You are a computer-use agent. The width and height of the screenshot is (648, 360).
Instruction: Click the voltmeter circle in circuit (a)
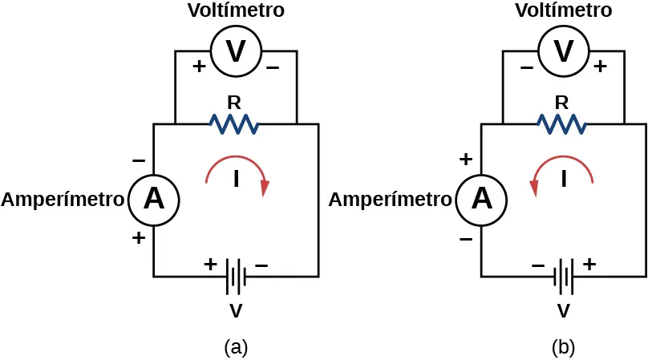point(236,51)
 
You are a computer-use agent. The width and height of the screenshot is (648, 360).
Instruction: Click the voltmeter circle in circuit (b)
point(564,51)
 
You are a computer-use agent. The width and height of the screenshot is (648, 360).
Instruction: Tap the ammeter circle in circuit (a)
point(154,199)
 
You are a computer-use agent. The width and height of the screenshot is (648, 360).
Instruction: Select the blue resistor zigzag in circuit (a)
point(233,123)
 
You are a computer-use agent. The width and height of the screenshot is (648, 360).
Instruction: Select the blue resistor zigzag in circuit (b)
point(561,123)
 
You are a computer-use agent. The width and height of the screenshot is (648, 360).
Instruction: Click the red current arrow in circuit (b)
point(561,170)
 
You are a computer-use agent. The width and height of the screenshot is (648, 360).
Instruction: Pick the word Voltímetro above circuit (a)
point(236,11)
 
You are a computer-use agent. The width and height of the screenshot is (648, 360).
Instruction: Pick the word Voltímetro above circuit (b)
point(564,11)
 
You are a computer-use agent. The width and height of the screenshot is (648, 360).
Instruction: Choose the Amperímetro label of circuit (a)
point(63,200)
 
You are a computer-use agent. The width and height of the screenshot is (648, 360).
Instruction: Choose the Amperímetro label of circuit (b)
point(391,200)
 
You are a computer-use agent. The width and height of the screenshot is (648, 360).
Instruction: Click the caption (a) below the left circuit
point(236,347)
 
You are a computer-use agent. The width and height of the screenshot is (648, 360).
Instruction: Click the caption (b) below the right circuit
point(564,347)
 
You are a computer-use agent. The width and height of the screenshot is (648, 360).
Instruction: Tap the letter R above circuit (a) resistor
point(234,102)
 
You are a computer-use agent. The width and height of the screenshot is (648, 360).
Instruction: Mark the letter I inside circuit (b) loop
point(564,180)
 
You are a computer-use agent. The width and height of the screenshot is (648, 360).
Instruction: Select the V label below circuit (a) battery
point(236,310)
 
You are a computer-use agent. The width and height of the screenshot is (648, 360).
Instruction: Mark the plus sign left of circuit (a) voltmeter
point(199,67)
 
